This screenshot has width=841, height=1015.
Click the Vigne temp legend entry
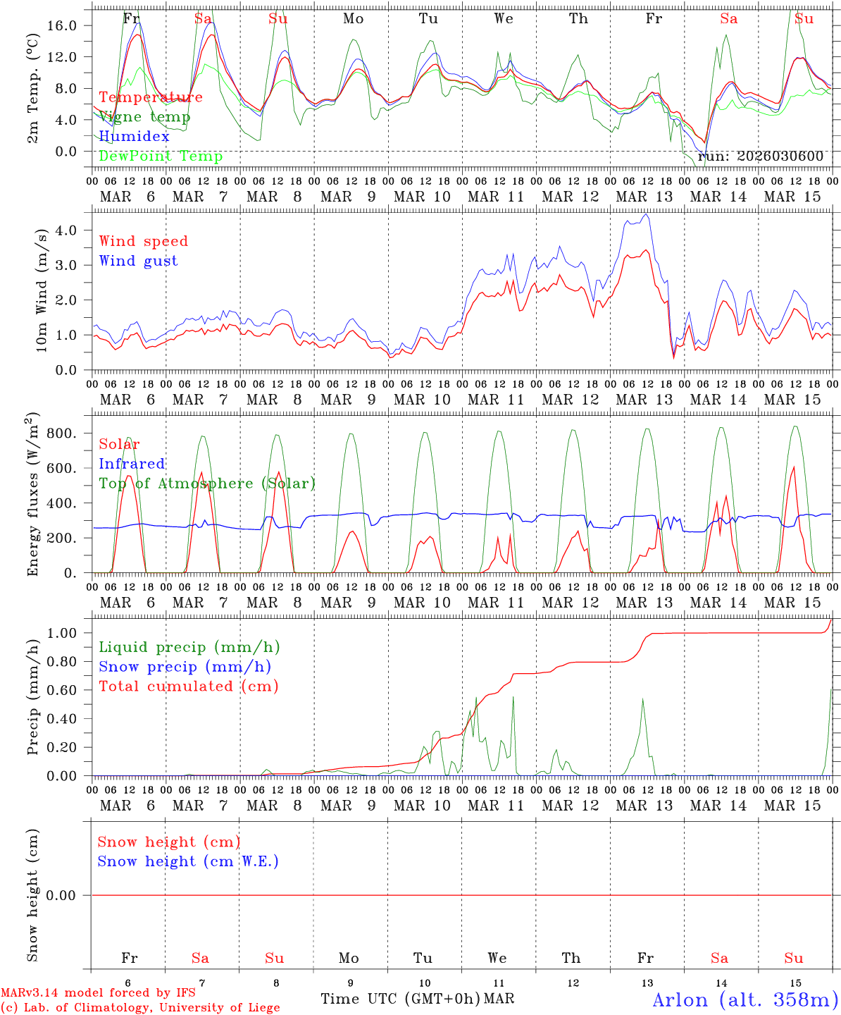(144, 117)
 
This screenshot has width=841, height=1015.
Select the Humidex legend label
(134, 137)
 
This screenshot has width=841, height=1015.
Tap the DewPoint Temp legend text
(161, 156)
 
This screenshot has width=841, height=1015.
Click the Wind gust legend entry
(138, 261)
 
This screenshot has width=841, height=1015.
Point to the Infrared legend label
(132, 464)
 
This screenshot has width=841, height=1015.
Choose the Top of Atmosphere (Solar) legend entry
(206, 484)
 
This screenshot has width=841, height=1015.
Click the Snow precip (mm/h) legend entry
(185, 667)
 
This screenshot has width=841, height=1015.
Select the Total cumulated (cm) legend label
(188, 687)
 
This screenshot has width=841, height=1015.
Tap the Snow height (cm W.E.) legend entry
(188, 861)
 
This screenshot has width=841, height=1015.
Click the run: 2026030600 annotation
(760, 156)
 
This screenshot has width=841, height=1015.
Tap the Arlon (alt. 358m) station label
(745, 999)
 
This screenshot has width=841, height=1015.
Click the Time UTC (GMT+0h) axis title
(400, 999)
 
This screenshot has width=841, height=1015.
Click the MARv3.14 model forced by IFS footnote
(98, 993)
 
